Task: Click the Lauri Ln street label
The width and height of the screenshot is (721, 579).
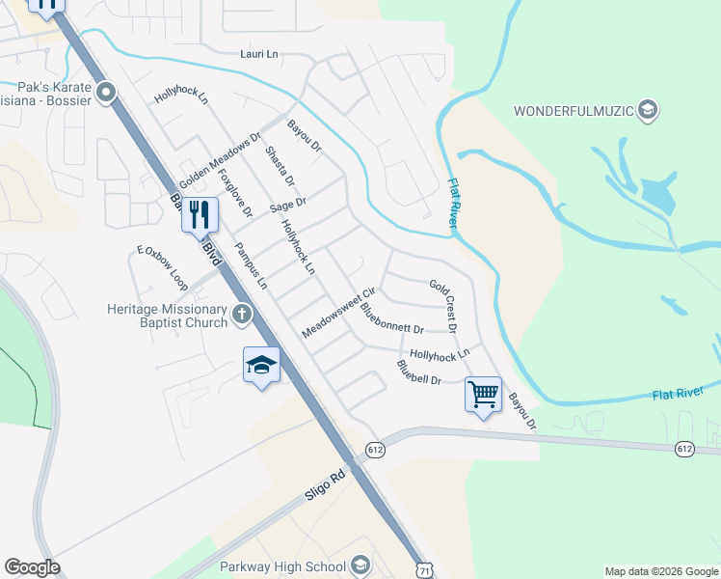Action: click(258, 55)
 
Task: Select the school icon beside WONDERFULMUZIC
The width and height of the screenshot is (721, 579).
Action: click(649, 110)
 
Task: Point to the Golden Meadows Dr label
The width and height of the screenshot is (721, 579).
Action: click(220, 161)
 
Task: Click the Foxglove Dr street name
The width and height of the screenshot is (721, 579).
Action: click(235, 193)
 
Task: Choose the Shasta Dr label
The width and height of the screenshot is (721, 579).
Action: click(280, 168)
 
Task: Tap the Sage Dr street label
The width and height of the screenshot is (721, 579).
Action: click(287, 204)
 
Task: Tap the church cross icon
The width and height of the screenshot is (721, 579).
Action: click(241, 313)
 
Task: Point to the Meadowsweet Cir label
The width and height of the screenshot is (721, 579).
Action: click(337, 313)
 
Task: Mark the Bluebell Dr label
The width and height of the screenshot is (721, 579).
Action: click(417, 372)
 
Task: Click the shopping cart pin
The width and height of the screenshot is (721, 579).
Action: click(483, 393)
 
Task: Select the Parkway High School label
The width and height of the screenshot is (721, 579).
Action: click(282, 565)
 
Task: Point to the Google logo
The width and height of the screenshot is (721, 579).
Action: click(32, 567)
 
